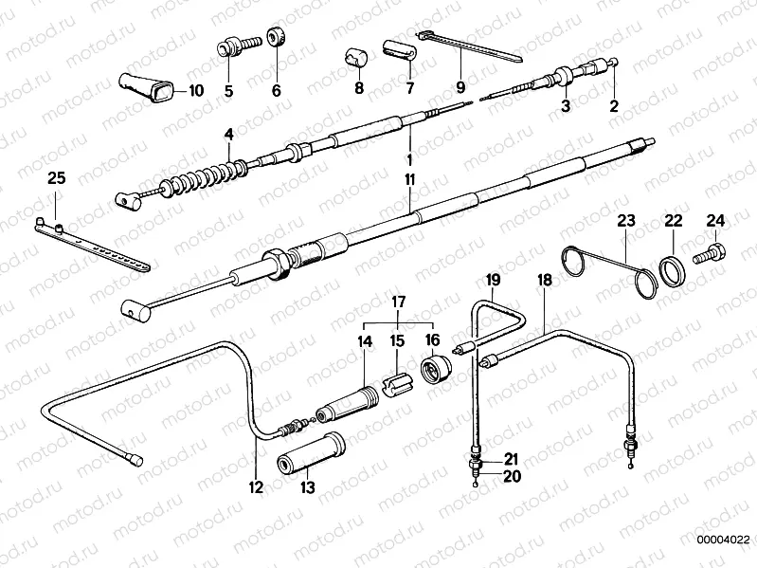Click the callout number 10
196,92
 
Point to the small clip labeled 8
357,58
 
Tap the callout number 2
613,106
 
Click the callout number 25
56,177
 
